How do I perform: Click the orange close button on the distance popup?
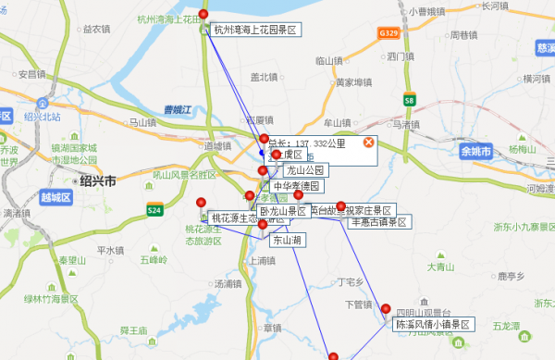pyautogui.click(x=368, y=142)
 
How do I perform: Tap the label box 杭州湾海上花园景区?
pyautogui.click(x=255, y=30)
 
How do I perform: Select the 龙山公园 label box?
pyautogui.click(x=305, y=170)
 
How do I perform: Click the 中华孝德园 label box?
pyautogui.click(x=296, y=186)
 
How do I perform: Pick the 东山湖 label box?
pyautogui.click(x=288, y=239)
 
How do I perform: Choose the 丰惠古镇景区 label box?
pyautogui.click(x=379, y=222)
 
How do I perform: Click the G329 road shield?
pyautogui.click(x=390, y=32)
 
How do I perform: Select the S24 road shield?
pyautogui.click(x=154, y=211)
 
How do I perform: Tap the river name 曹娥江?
pyautogui.click(x=175, y=110)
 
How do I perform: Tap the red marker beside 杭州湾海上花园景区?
pyautogui.click(x=204, y=16)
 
